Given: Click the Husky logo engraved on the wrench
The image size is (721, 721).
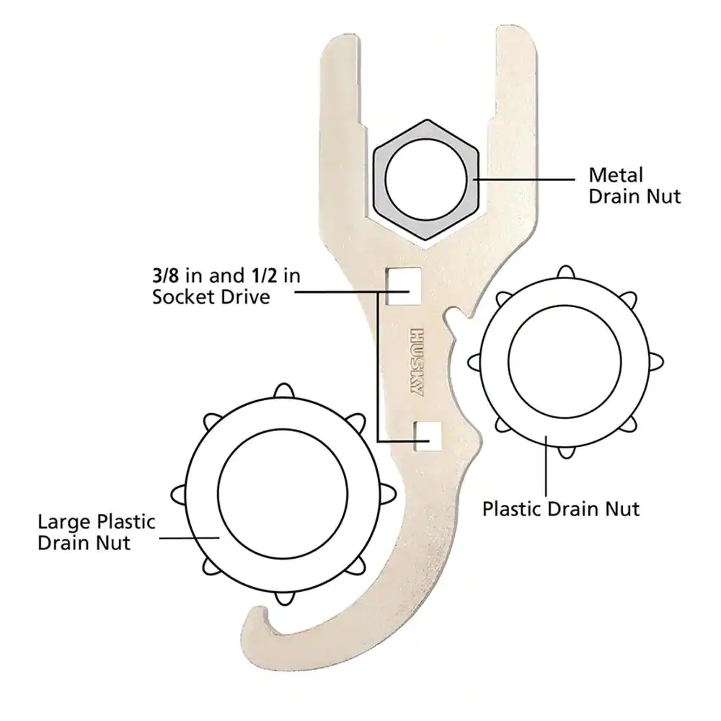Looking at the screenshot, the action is pyautogui.click(x=416, y=363).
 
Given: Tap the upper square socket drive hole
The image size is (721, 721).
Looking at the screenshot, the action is pyautogui.click(x=403, y=286).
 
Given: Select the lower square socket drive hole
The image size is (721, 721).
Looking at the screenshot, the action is pyautogui.click(x=428, y=436).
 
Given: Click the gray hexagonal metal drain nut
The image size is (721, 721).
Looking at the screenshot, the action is pyautogui.click(x=426, y=180).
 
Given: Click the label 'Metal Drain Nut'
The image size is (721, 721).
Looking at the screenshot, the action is pyautogui.click(x=634, y=186).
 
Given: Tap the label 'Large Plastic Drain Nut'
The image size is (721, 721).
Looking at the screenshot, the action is pyautogui.click(x=97, y=533).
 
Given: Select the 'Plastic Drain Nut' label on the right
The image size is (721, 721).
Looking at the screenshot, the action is pyautogui.click(x=561, y=509).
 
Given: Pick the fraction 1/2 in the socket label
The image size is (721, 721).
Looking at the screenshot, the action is pyautogui.click(x=265, y=275).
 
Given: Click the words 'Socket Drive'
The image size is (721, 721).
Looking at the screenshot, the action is pyautogui.click(x=211, y=296).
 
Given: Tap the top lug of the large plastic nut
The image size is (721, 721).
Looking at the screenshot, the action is pyautogui.click(x=283, y=391).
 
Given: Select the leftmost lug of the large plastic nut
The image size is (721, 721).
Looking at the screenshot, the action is pyautogui.click(x=178, y=495).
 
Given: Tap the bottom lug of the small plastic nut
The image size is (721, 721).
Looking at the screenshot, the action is pyautogui.click(x=566, y=452).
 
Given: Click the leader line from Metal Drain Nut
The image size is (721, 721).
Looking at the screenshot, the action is pyautogui.click(x=523, y=180).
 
